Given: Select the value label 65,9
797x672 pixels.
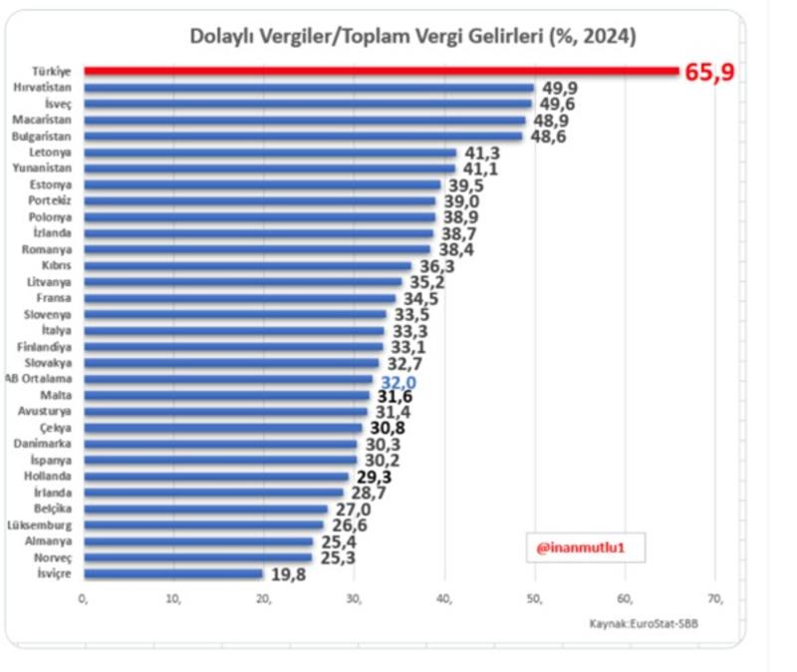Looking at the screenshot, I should (x=709, y=72).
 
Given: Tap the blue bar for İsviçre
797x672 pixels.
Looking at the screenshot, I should (x=173, y=573).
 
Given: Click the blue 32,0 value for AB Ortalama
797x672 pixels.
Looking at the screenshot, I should (x=396, y=380).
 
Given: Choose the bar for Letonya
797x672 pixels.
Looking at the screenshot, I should (x=270, y=153).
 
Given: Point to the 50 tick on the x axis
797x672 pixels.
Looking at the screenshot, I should (x=535, y=598).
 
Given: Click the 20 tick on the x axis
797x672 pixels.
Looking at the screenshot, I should (x=264, y=598).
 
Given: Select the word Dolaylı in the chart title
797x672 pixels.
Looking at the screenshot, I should (x=222, y=36).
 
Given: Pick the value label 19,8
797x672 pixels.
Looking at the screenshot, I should (x=286, y=574).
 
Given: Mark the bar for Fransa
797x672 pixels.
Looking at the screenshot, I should (x=239, y=298).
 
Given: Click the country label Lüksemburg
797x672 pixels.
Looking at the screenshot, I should (x=43, y=525).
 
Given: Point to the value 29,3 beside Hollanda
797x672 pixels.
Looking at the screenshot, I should (x=372, y=478).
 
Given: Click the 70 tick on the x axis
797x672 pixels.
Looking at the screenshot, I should (x=713, y=598).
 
